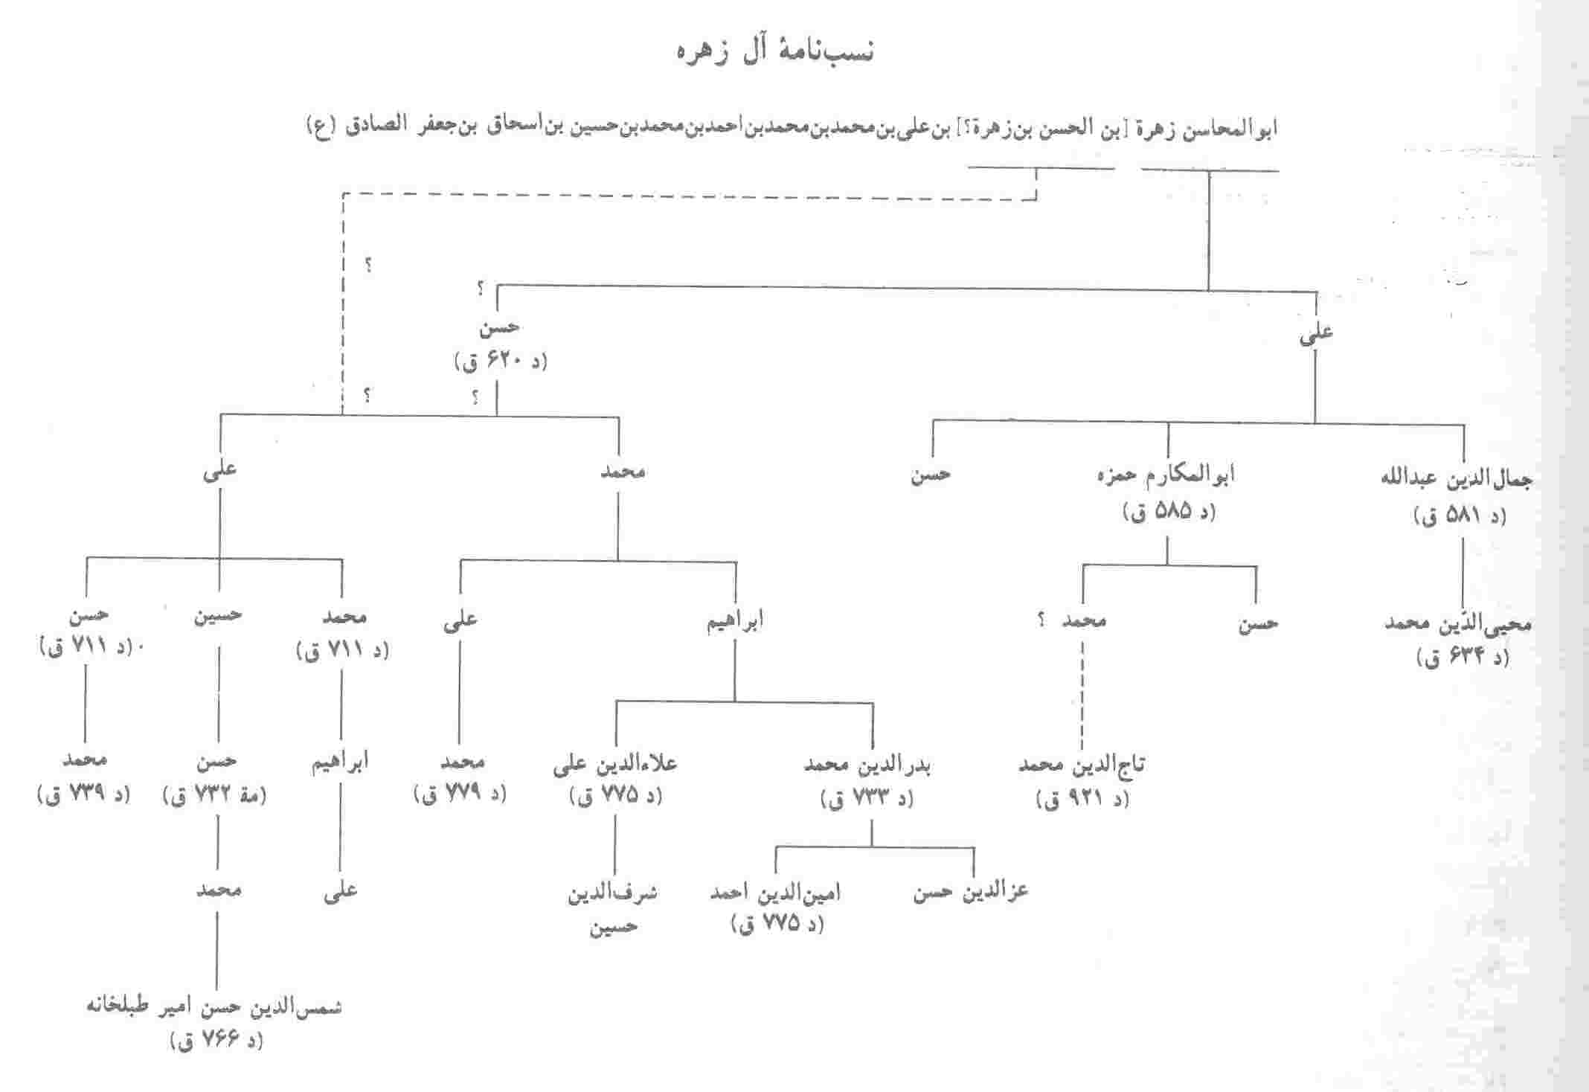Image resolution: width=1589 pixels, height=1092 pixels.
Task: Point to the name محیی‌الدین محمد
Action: [x=1457, y=623]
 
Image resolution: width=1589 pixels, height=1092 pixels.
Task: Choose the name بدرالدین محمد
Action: [x=867, y=765]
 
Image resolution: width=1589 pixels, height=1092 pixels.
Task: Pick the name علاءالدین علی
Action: [x=614, y=765]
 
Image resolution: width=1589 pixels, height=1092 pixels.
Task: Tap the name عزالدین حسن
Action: [x=971, y=892]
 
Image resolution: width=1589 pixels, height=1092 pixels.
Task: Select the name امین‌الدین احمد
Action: [x=775, y=892]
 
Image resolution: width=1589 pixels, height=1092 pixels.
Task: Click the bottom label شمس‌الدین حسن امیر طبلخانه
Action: [x=214, y=1009]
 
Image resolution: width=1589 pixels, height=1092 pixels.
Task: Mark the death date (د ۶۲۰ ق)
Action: [x=499, y=363]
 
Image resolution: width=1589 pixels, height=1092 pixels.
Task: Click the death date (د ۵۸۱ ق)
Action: [x=1460, y=516]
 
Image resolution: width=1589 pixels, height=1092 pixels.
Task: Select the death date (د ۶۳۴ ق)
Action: [x=1463, y=658]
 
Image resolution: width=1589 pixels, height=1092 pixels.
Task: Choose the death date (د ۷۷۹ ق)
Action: [x=460, y=794]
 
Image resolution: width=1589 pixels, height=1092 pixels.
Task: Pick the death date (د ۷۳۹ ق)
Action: [x=83, y=794]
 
